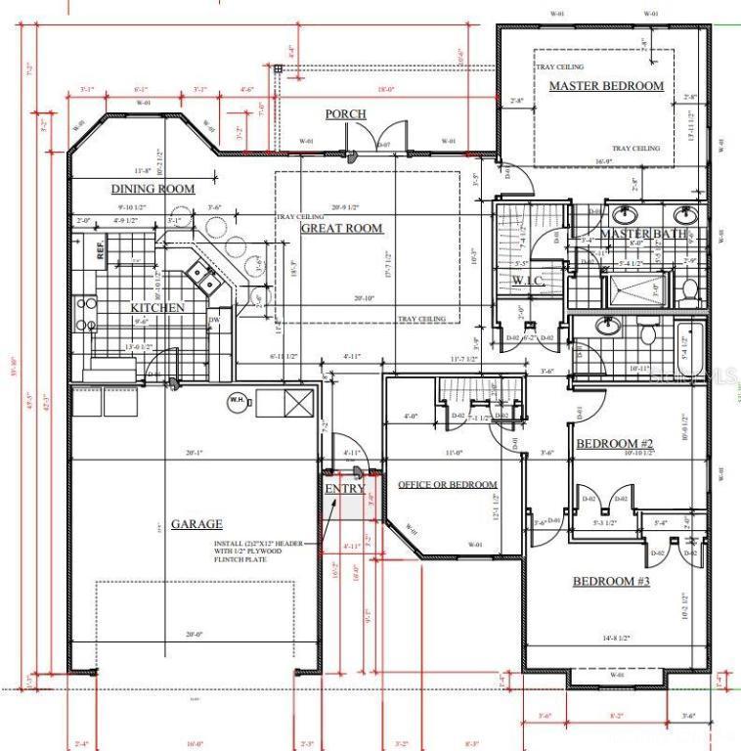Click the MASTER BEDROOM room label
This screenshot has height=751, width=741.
(605, 86)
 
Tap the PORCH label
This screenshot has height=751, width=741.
(345, 114)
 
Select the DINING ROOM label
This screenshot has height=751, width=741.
(152, 189)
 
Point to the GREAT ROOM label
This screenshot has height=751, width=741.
(341, 229)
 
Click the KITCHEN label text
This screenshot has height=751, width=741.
(157, 308)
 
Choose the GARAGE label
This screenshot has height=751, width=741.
(196, 524)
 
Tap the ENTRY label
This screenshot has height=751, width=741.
(344, 489)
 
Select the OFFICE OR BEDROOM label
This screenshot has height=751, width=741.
(447, 485)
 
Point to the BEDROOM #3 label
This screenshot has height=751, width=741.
(611, 582)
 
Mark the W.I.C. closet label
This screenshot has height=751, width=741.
(527, 282)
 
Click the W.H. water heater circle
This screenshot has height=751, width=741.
(236, 399)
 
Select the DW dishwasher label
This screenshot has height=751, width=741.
(213, 319)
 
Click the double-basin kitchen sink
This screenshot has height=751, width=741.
(207, 280)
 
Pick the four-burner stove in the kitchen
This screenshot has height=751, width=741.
(86, 312)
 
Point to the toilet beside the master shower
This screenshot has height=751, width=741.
(689, 289)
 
